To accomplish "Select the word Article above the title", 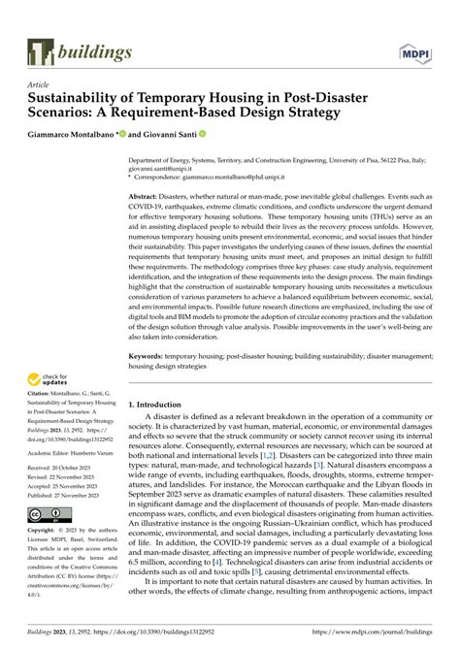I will (39, 84).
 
